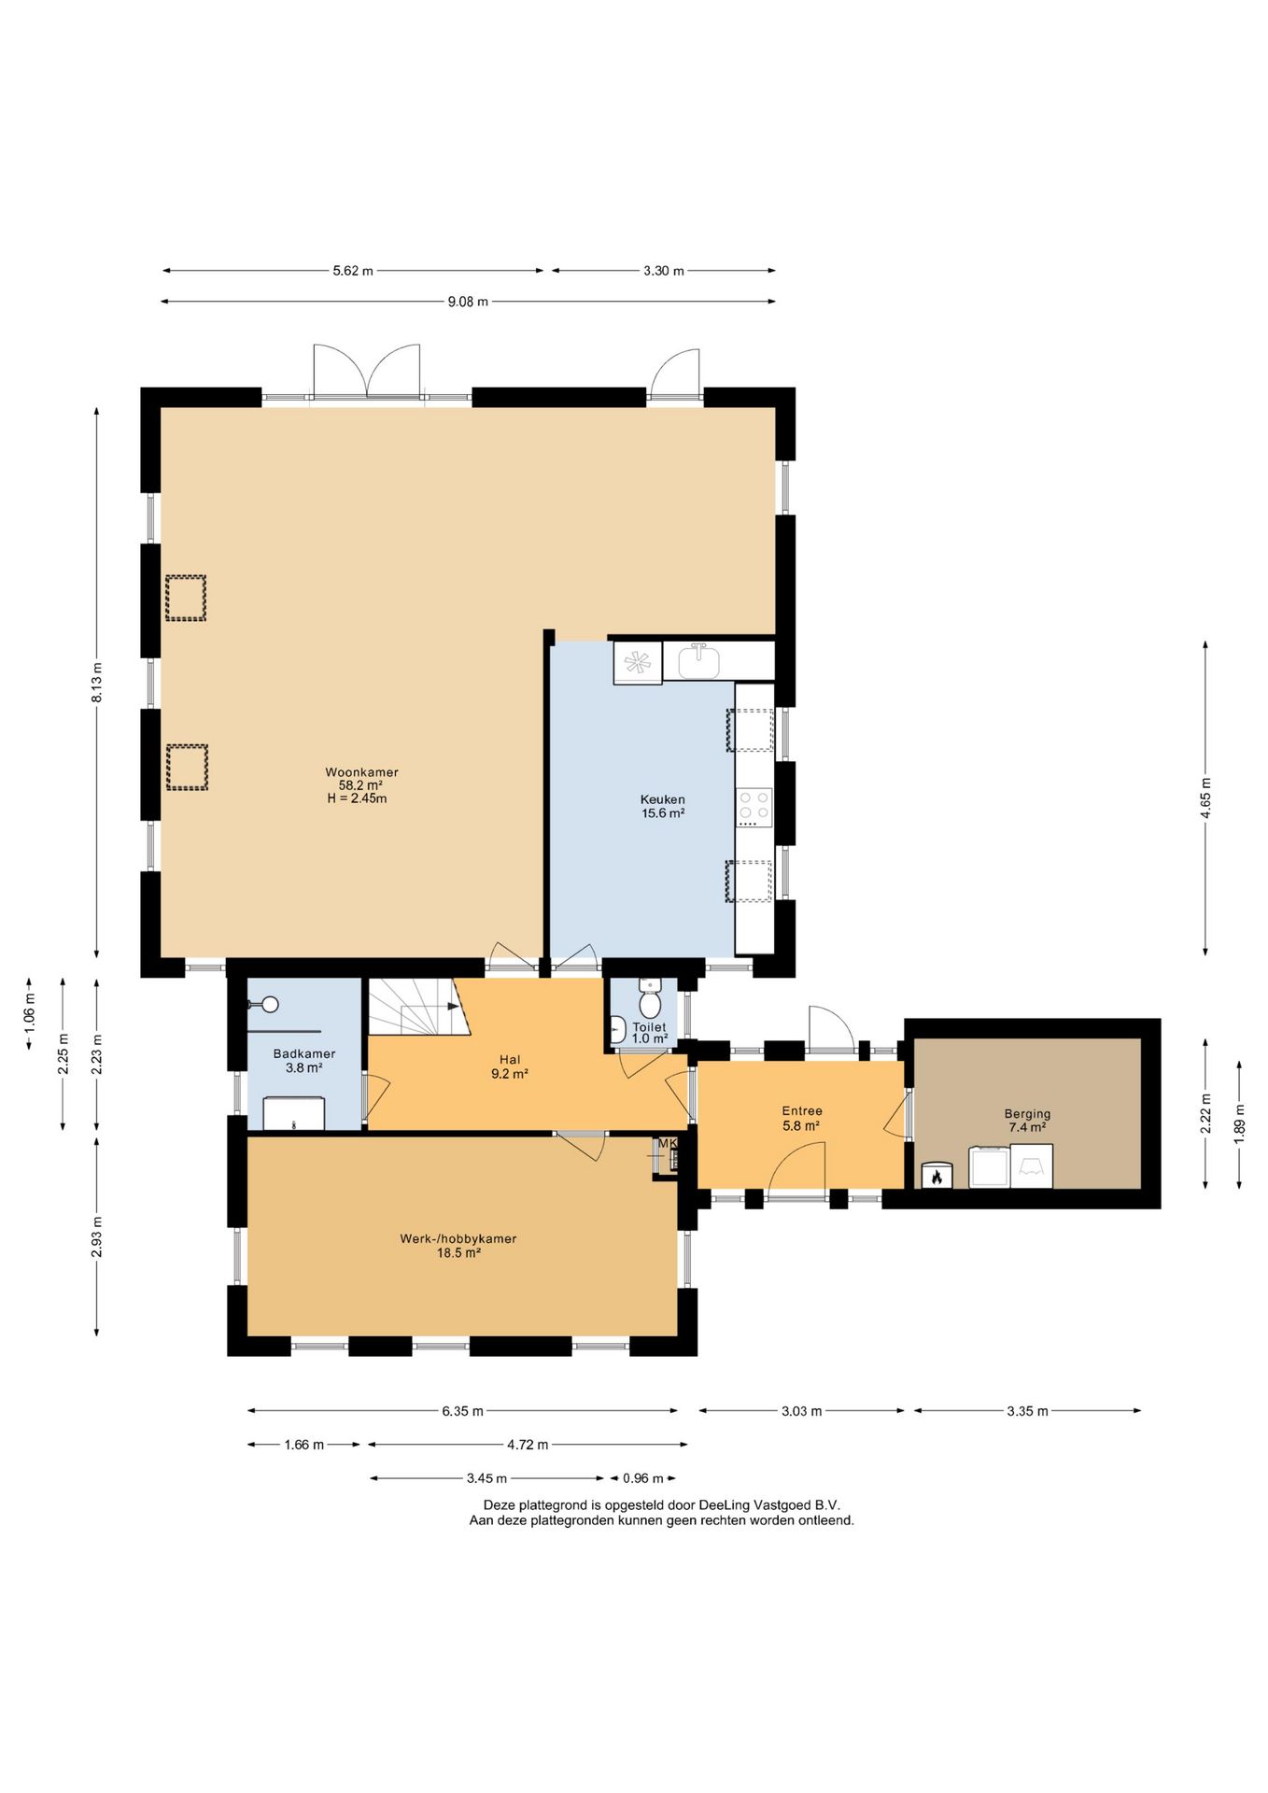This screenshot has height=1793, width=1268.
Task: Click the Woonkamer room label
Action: pyautogui.click(x=361, y=772)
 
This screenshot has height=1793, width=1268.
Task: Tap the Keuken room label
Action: pyautogui.click(x=663, y=799)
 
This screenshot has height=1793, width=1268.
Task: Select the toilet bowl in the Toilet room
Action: pyautogui.click(x=650, y=999)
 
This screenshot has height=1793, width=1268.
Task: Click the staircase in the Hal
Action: pyautogui.click(x=416, y=1007)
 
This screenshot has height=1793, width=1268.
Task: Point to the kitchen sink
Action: pyautogui.click(x=698, y=661)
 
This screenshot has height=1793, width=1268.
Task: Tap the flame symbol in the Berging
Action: pyautogui.click(x=937, y=1177)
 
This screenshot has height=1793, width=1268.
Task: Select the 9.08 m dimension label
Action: pyautogui.click(x=468, y=302)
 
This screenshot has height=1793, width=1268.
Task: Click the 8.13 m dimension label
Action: pyautogui.click(x=97, y=684)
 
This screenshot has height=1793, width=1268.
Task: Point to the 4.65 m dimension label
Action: pyautogui.click(x=1205, y=798)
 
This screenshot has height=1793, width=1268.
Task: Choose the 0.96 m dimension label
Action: pyautogui.click(x=642, y=1478)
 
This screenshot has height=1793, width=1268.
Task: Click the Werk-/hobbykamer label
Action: pyautogui.click(x=458, y=1238)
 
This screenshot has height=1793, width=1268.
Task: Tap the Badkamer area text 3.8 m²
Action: pyautogui.click(x=304, y=1067)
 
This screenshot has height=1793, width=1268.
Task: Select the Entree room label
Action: pyautogui.click(x=802, y=1110)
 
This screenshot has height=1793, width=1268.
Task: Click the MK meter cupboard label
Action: pyautogui.click(x=668, y=1143)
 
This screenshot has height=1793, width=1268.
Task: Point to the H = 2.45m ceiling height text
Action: pyautogui.click(x=357, y=798)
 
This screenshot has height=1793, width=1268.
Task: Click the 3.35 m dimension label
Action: pyautogui.click(x=1027, y=1411)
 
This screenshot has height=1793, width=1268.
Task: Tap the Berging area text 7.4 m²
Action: pyautogui.click(x=1027, y=1127)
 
